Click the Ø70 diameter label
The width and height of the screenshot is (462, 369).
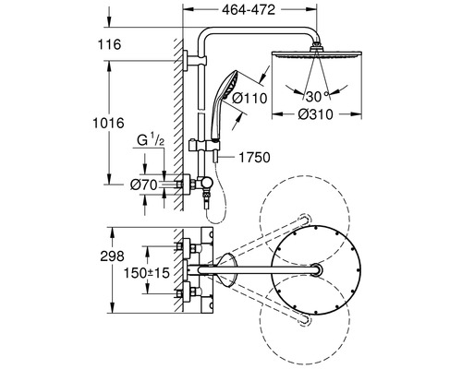(x=143, y=184)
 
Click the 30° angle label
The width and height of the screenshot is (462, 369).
(x=317, y=95)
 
